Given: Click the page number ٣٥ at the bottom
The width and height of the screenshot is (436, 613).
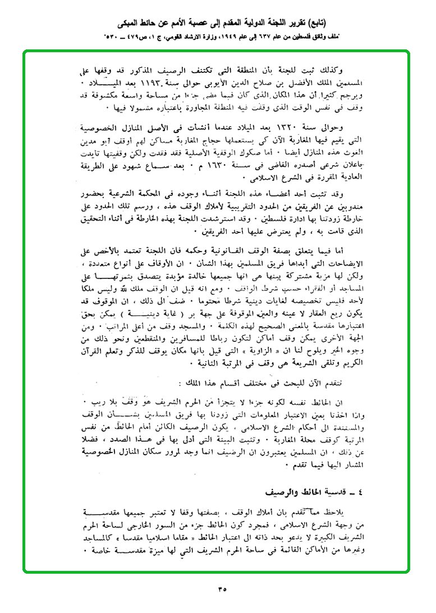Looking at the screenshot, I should [x=219, y=589].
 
